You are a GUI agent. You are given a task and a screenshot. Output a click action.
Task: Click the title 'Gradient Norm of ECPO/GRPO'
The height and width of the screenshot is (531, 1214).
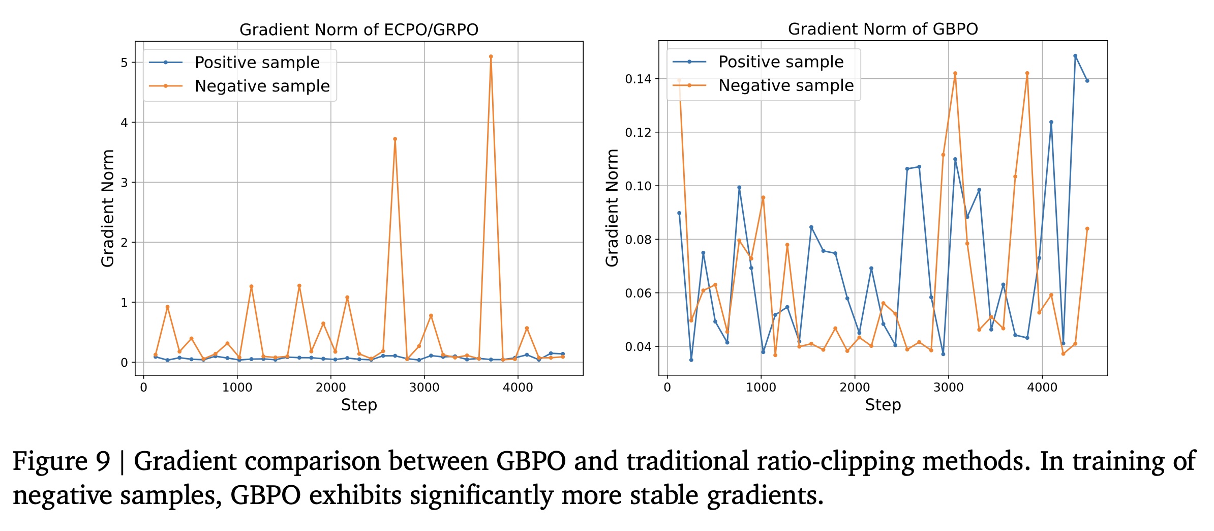click(359, 29)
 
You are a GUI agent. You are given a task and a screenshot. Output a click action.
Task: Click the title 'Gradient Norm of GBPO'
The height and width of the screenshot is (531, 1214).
click(883, 29)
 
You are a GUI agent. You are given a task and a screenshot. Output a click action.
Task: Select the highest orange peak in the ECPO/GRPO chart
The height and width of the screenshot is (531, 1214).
click(491, 56)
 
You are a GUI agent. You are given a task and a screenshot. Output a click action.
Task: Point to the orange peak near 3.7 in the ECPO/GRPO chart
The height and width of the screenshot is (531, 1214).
click(395, 139)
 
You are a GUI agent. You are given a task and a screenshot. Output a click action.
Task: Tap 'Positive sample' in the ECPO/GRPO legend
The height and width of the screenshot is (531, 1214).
click(257, 63)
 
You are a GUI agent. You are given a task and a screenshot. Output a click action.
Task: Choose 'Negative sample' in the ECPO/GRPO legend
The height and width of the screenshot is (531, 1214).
click(262, 86)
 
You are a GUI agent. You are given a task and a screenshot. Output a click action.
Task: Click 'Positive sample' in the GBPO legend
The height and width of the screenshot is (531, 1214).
click(780, 62)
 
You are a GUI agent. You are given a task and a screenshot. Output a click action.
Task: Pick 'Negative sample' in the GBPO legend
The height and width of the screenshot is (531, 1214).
click(785, 85)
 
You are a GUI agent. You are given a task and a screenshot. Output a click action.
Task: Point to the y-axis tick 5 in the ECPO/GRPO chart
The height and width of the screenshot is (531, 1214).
click(124, 63)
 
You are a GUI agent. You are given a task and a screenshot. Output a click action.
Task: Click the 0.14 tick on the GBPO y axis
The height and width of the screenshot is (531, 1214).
click(638, 79)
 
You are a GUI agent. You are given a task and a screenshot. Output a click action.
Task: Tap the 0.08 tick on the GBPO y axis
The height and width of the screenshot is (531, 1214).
click(638, 240)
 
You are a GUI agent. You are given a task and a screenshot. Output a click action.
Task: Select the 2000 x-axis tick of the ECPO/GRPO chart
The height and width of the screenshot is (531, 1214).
click(330, 388)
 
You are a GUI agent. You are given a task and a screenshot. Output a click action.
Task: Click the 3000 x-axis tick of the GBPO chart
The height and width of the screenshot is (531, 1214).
click(948, 388)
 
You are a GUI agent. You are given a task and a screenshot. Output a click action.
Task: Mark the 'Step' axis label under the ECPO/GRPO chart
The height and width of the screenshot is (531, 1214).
click(359, 405)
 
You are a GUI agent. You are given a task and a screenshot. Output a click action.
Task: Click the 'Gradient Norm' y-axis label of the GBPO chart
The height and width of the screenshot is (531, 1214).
click(612, 208)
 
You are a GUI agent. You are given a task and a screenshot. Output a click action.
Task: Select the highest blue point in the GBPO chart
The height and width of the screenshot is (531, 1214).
click(1075, 56)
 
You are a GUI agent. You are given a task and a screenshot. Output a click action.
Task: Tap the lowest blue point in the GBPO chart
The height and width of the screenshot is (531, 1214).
click(691, 360)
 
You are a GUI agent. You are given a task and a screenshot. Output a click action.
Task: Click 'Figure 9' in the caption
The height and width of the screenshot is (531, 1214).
click(61, 461)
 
